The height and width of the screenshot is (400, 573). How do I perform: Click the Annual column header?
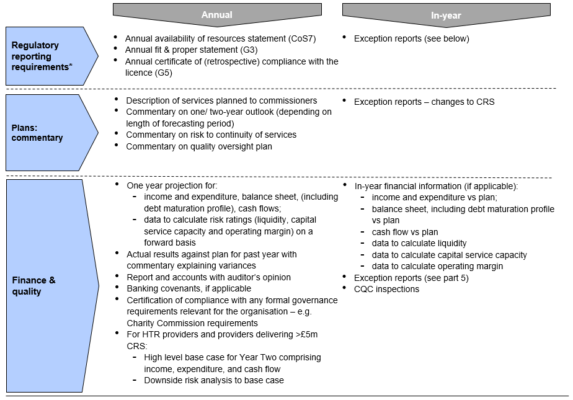click(x=217, y=15)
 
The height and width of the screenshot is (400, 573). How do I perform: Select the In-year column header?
click(x=446, y=15)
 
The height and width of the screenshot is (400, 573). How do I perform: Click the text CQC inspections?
click(x=386, y=290)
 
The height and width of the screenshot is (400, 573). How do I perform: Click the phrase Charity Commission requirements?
click(x=192, y=323)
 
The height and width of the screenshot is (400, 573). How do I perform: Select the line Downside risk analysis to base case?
click(x=214, y=380)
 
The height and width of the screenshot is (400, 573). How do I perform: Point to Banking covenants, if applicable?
click(x=189, y=288)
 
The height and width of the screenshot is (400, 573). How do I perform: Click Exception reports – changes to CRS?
click(x=424, y=102)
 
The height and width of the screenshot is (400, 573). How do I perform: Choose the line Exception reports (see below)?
click(x=412, y=38)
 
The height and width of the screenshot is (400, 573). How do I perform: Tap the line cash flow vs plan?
click(x=405, y=233)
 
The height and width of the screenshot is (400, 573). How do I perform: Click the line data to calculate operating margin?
click(x=437, y=266)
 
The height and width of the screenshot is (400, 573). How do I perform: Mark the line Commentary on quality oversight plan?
click(x=199, y=146)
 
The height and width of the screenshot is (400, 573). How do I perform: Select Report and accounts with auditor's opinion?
click(x=208, y=277)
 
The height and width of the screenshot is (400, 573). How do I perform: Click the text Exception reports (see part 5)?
click(x=412, y=278)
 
